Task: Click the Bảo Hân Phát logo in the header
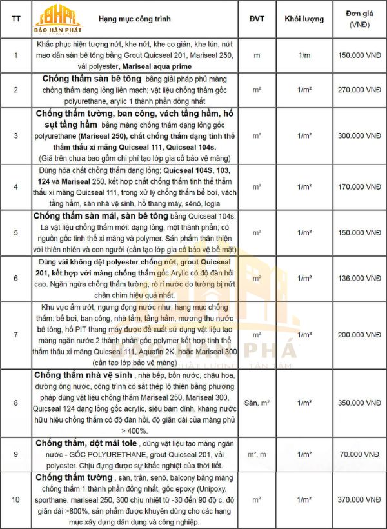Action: pos(59,19)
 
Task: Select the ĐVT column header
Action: pos(257,19)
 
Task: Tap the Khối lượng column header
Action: pos(304,19)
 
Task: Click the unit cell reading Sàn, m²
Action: pos(257,403)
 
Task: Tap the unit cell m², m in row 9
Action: pos(257,454)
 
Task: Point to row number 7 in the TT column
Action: pos(16,335)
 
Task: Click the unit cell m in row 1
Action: pos(257,55)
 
